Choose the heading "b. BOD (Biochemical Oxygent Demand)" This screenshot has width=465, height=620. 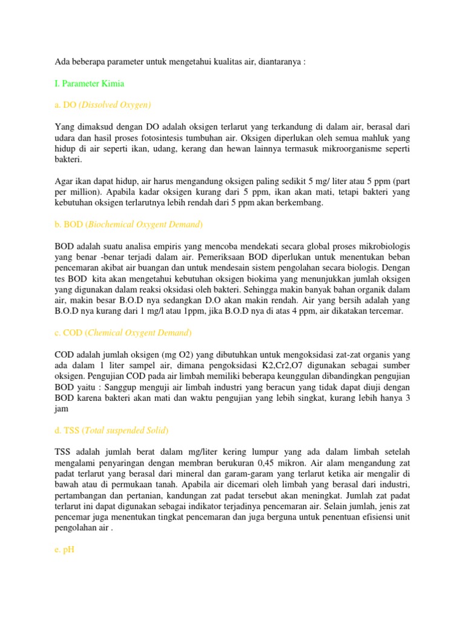(x=128, y=225)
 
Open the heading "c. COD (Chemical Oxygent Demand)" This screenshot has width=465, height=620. (x=123, y=332)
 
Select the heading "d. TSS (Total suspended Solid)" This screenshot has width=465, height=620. (x=112, y=430)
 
